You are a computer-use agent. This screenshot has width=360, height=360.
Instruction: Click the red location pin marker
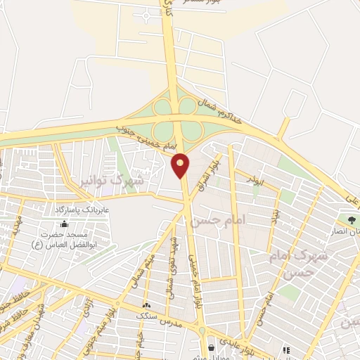coord(181,165)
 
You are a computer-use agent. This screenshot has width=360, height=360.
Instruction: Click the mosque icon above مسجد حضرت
coord(65,224)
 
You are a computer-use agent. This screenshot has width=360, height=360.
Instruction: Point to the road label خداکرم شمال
coord(219,110)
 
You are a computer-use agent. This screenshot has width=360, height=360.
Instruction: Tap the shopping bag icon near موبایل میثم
coord(211,347)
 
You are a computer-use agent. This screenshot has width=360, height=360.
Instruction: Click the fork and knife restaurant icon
coord(286,349)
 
